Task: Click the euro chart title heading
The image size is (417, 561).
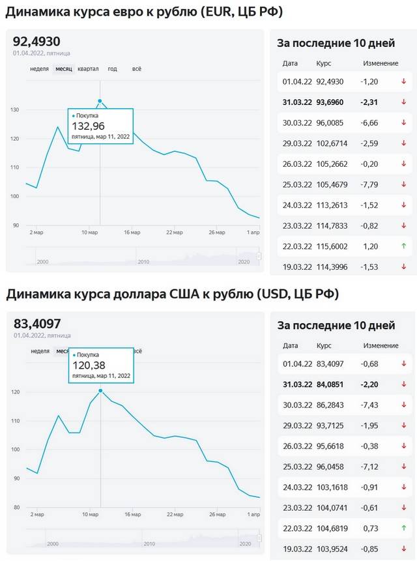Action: point(139,12)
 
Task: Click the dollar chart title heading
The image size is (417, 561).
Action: point(172,294)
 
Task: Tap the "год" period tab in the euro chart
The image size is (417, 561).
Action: point(112,69)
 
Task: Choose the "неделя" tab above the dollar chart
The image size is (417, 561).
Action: point(39,351)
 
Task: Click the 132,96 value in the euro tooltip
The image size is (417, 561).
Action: point(88,126)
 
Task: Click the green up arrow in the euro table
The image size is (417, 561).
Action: point(403,246)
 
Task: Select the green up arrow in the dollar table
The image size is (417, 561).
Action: point(403,527)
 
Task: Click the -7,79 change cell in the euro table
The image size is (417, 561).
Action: point(370,184)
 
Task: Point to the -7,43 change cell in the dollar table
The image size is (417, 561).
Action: point(370,405)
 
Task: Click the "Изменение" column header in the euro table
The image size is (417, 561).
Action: point(381,63)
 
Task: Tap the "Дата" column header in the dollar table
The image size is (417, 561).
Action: point(290,345)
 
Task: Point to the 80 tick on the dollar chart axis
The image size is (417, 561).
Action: point(18,507)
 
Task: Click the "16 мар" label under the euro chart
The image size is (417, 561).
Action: point(132,232)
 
